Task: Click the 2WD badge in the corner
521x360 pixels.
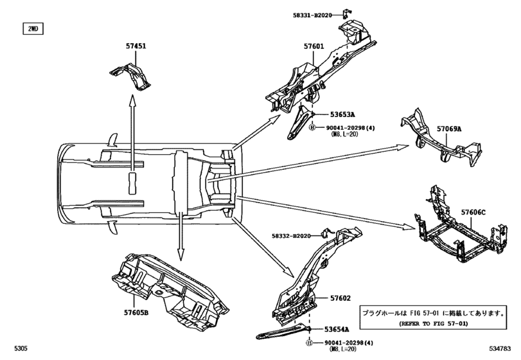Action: tap(31, 29)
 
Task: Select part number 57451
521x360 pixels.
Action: tap(136, 46)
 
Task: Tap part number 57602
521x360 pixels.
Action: tap(340, 298)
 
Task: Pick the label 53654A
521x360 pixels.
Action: tap(340, 328)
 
